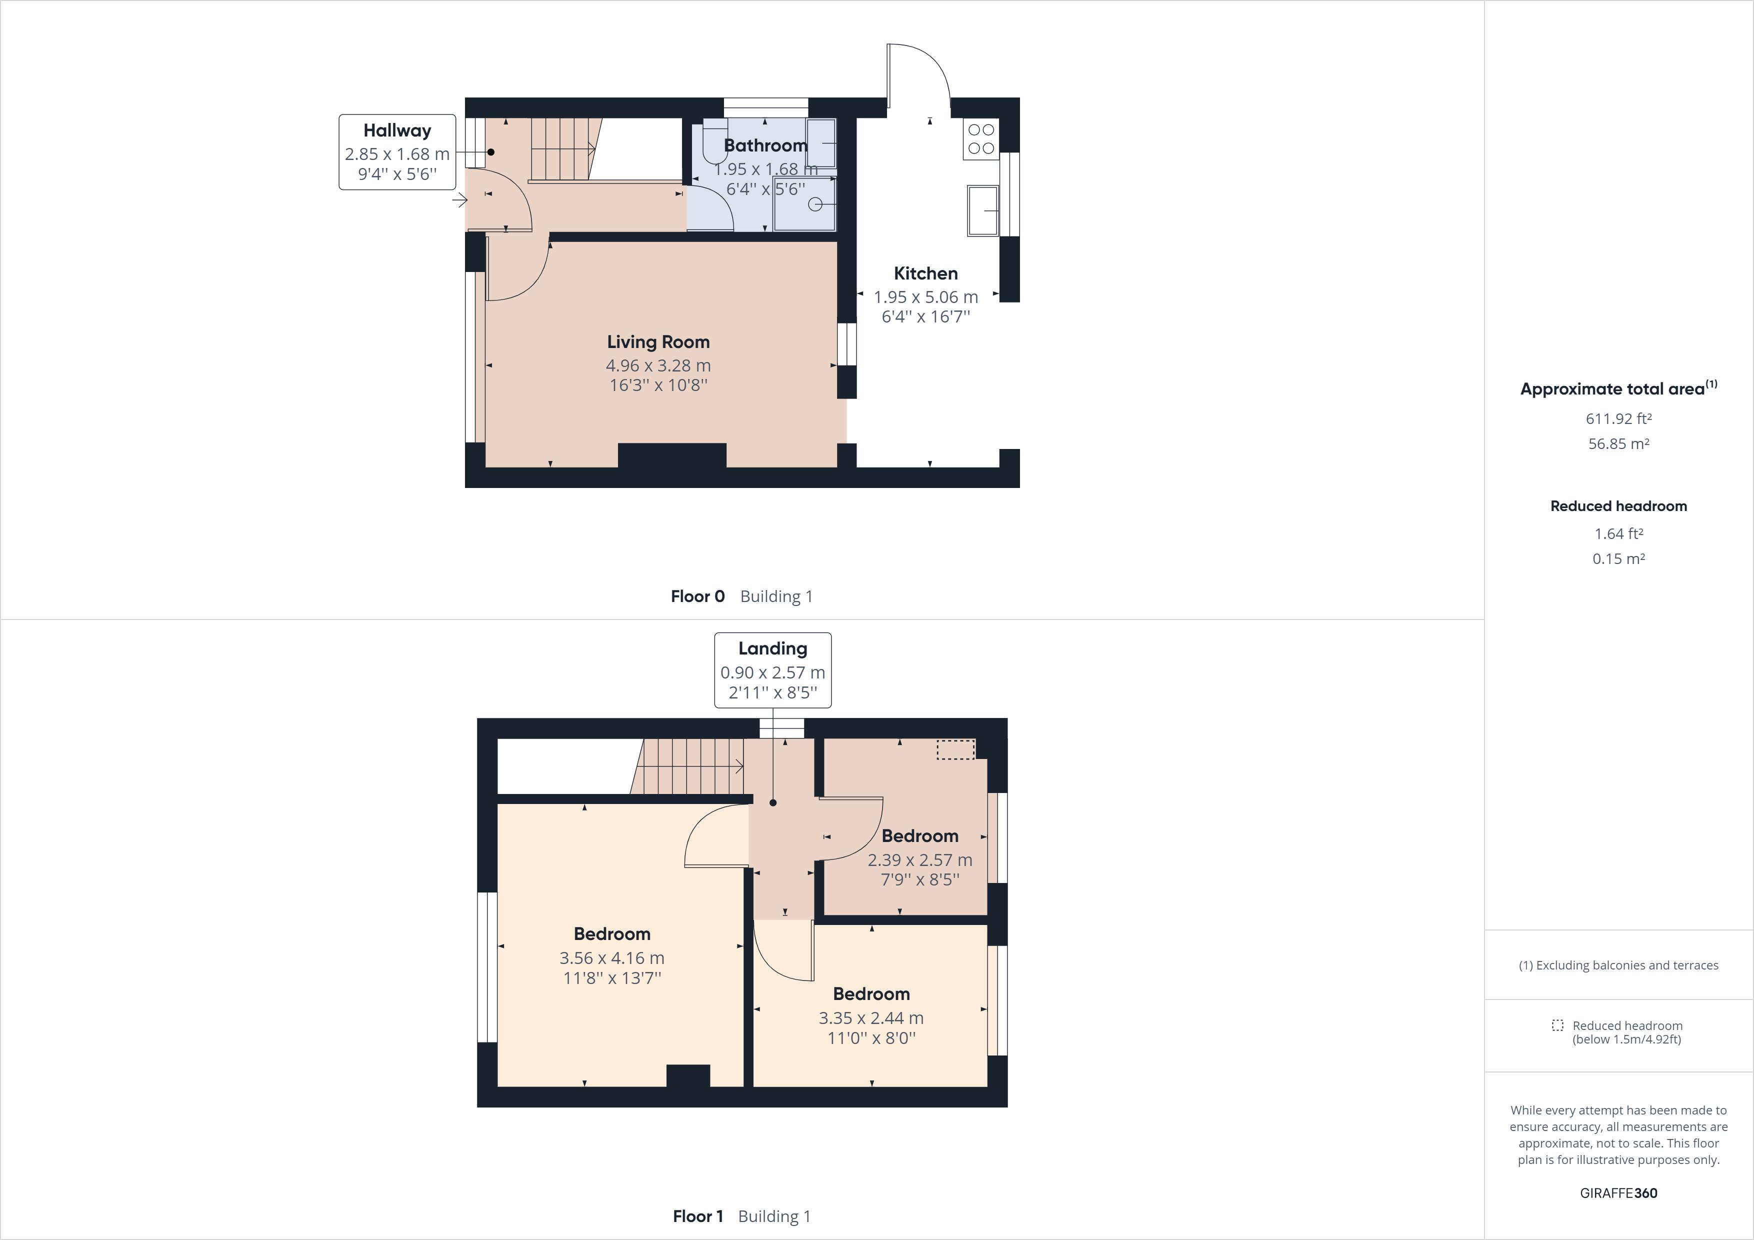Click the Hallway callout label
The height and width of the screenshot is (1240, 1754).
pyautogui.click(x=397, y=130)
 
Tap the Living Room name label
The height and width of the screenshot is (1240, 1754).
pyautogui.click(x=658, y=342)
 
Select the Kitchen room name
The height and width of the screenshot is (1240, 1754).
pyautogui.click(x=925, y=273)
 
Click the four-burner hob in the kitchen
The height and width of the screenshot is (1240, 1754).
pyautogui.click(x=981, y=139)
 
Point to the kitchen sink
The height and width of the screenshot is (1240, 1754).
pyautogui.click(x=983, y=210)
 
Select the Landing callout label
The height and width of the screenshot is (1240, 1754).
pyautogui.click(x=772, y=648)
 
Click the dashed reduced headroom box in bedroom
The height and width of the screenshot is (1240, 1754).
pyautogui.click(x=955, y=749)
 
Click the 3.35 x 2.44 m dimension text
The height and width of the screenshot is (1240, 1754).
pyautogui.click(x=871, y=1017)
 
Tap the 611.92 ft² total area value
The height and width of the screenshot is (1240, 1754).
pyautogui.click(x=1618, y=418)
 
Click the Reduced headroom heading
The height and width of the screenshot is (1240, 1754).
pyautogui.click(x=1618, y=506)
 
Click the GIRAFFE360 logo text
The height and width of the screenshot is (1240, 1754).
pyautogui.click(x=1618, y=1192)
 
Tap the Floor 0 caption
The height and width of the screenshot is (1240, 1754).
pyautogui.click(x=697, y=596)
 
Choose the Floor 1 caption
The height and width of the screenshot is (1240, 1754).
pyautogui.click(x=697, y=1216)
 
